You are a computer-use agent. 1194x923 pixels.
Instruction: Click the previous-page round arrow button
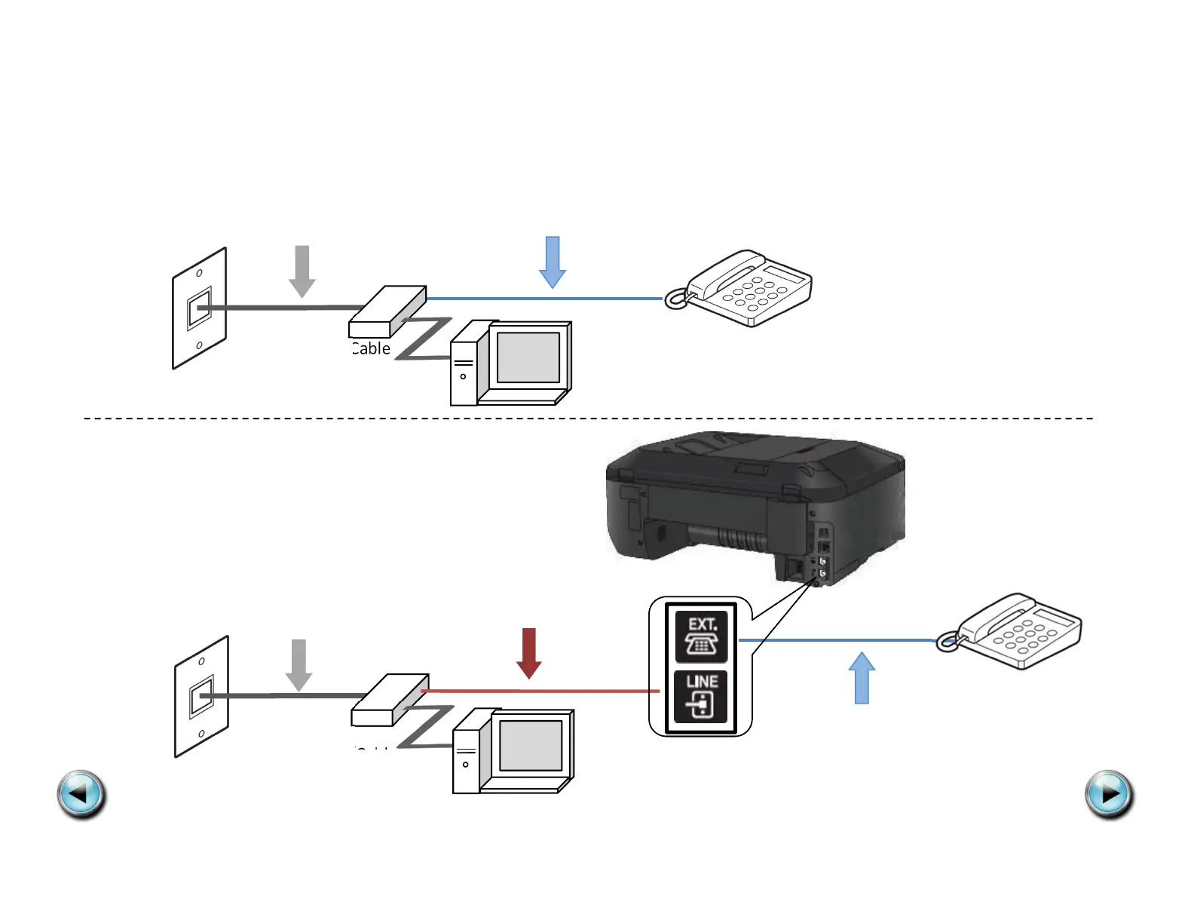(81, 794)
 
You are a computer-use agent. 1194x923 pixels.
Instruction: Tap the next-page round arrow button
(1109, 794)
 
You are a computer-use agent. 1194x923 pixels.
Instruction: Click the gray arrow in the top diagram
(302, 271)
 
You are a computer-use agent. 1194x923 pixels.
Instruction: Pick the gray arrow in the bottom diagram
(299, 664)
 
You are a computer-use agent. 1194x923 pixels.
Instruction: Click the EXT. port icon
(701, 636)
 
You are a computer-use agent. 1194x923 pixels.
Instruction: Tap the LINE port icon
(701, 696)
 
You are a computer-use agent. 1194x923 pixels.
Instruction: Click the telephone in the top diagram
(742, 289)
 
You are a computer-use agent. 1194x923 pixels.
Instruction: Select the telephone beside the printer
(1014, 631)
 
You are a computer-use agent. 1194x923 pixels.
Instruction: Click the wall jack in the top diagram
(200, 308)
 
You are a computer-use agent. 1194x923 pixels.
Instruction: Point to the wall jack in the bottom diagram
(202, 696)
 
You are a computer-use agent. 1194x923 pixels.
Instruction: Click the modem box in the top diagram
(387, 311)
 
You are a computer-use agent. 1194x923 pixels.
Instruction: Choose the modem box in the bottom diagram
(390, 700)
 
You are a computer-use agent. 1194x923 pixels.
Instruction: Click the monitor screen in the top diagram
(528, 357)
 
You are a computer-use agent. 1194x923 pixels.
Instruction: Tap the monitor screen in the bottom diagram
(531, 745)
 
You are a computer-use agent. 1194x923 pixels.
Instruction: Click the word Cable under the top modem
(371, 348)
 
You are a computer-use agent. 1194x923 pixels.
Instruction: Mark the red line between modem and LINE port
(543, 691)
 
